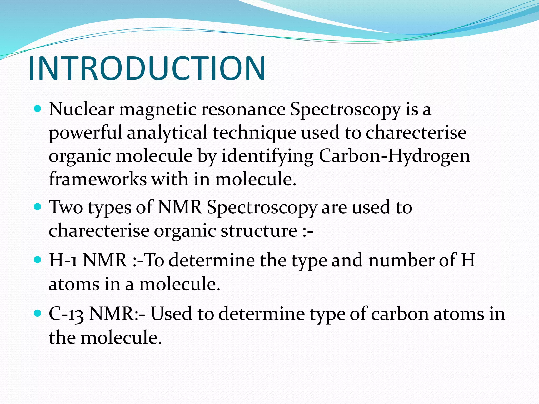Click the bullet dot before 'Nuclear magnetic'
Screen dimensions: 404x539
coord(38,109)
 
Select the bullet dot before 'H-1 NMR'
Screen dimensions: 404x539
coord(38,260)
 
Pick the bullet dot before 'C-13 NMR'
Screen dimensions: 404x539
coord(38,313)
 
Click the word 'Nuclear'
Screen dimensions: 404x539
coord(81,109)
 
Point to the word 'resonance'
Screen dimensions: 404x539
coord(243,109)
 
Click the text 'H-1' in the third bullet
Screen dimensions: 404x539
coord(63,260)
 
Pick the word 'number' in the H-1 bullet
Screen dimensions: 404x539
coord(401,260)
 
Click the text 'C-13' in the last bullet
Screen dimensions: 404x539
coord(66,314)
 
